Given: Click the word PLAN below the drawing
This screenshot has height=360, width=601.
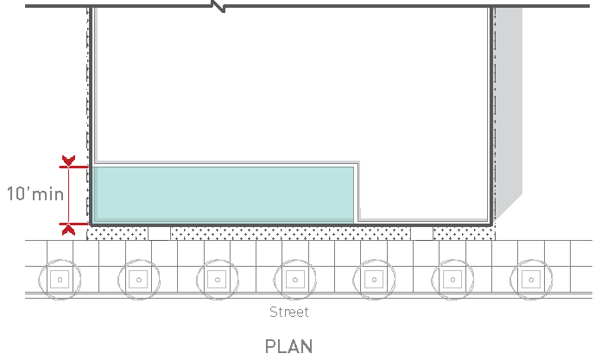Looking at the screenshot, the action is click(288, 346).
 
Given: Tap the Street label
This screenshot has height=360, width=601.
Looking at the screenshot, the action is click(288, 312).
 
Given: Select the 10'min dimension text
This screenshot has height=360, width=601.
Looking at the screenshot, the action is click(35, 194).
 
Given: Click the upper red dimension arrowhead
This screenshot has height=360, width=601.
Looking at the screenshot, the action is click(67, 162).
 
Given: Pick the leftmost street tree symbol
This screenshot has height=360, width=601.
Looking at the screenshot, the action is click(59, 279).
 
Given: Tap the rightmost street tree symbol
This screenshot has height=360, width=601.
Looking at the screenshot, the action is click(530, 279).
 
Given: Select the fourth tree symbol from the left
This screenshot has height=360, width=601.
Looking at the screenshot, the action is click(294, 279).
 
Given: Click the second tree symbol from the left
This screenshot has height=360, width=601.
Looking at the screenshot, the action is click(137, 279).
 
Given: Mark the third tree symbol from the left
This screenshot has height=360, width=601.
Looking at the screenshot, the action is click(216, 279).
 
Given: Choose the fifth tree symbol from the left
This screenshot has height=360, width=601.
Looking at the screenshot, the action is click(373, 279).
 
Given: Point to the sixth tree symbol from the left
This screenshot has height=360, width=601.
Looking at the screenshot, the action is click(452, 279).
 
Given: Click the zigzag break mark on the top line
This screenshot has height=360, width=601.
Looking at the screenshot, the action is click(219, 6).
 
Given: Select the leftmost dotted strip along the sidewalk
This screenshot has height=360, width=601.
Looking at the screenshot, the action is click(117, 233).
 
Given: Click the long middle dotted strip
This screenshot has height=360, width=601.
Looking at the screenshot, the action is click(290, 233).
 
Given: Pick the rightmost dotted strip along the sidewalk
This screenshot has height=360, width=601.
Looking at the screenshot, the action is click(464, 233).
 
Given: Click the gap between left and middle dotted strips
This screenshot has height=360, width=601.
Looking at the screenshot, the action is click(159, 233).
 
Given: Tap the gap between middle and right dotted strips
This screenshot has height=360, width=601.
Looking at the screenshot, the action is click(421, 233).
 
